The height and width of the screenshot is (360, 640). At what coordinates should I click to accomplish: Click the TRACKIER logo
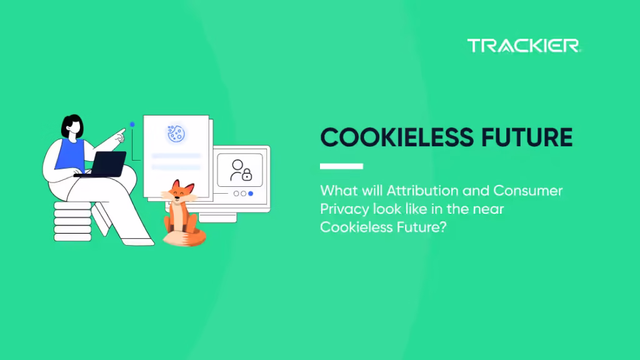pos(524,46)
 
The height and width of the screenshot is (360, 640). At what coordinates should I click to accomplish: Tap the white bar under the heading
pos(341,166)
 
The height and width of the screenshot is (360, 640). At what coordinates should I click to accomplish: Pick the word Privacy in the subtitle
pos(342,209)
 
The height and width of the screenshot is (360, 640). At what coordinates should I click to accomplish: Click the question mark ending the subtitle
pos(444,227)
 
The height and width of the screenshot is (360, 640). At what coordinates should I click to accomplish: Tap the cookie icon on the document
pos(176,132)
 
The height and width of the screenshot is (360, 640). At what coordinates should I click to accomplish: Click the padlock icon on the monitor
pos(247,174)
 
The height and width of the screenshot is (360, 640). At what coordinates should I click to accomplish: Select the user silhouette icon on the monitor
pos(237,167)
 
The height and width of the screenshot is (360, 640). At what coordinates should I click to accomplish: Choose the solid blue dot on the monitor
pos(251,194)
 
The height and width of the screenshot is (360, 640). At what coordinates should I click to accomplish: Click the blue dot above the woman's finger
pos(132,124)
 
